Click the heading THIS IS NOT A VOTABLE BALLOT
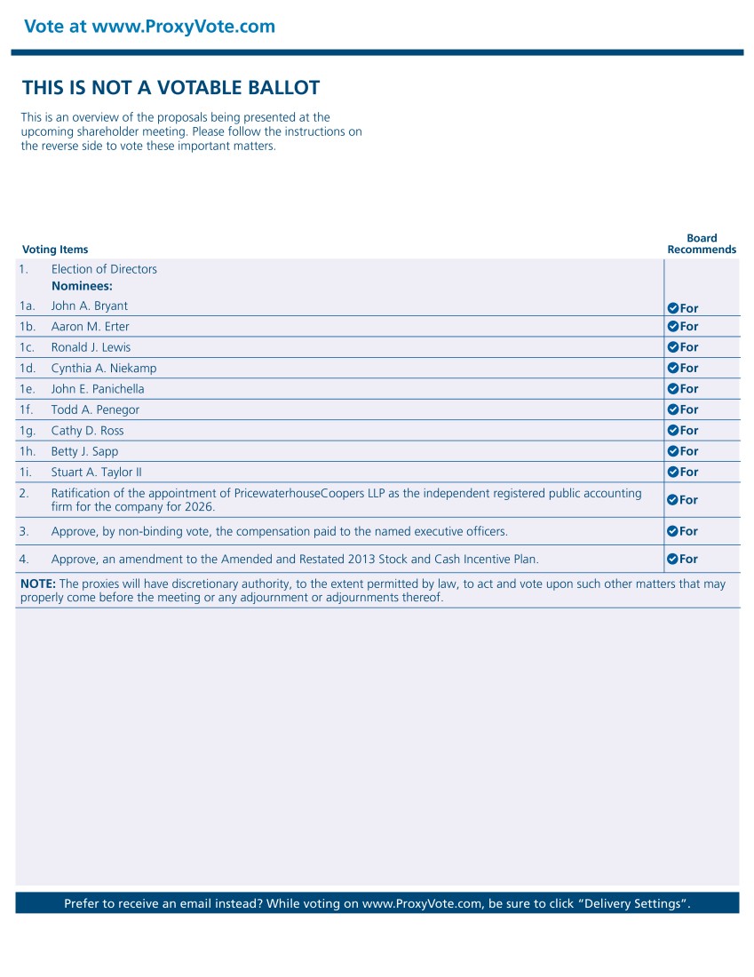[171, 88]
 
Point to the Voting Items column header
[55, 250]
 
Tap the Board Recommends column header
[702, 244]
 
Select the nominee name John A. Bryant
[89, 306]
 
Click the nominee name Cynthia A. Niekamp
[103, 369]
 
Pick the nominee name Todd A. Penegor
[95, 410]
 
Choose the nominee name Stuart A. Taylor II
[96, 473]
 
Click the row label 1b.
[27, 327]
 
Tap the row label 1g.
[27, 431]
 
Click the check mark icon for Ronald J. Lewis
[672, 347]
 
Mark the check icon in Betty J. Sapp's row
[672, 451]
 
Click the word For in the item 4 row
[689, 560]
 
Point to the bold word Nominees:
[82, 287]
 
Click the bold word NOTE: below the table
[38, 584]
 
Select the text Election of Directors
[104, 270]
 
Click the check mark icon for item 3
[672, 531]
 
